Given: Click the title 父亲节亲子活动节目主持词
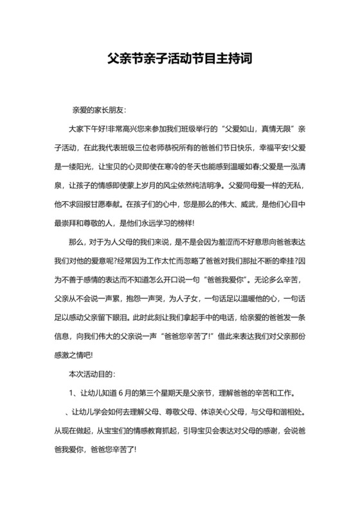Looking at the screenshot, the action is [x=179, y=58].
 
